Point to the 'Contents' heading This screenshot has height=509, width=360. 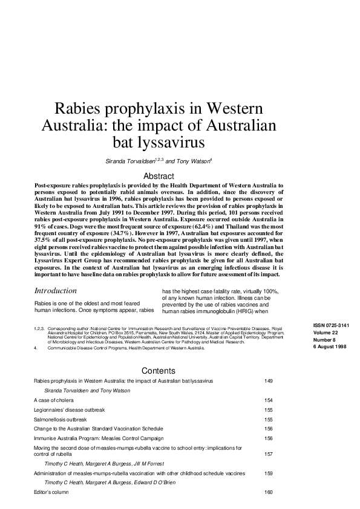coord(159,371)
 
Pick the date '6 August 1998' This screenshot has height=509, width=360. coord(330,346)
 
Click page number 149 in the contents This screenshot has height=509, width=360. coord(270,382)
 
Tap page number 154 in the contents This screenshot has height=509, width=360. coord(270,401)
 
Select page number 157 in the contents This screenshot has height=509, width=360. coord(270,453)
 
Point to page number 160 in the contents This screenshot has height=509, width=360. coord(270,492)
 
